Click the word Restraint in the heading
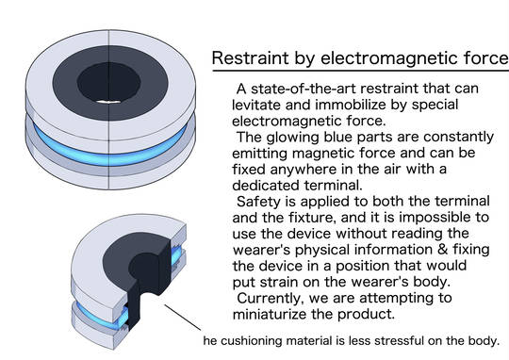[250, 58]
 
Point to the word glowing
[292, 138]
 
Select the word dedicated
[266, 186]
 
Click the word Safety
[258, 202]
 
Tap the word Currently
[271, 299]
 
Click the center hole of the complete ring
[108, 83]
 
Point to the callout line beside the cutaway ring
[183, 318]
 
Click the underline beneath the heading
[361, 70]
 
